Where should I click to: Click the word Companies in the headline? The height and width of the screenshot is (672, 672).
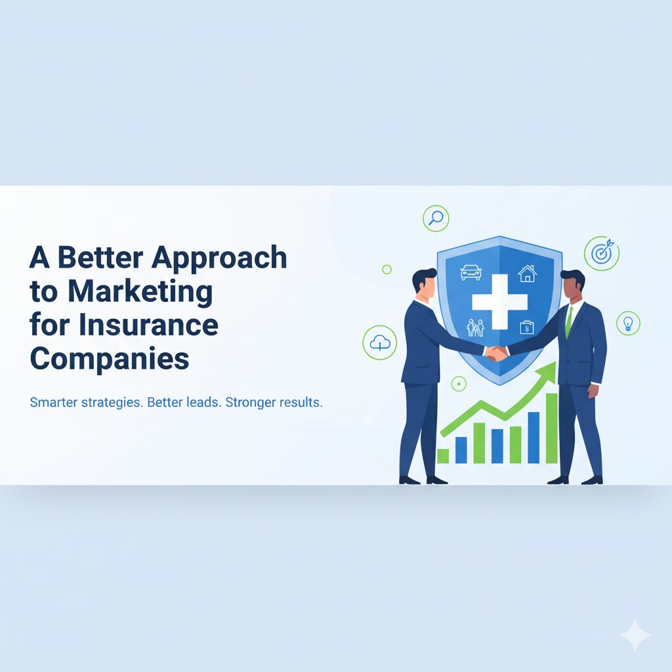tap(110, 358)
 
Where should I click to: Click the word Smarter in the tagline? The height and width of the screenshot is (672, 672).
tap(54, 402)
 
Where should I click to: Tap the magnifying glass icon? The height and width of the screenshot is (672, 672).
tap(436, 218)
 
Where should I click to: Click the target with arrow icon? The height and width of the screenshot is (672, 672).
tap(602, 253)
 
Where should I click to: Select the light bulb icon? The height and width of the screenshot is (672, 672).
tap(628, 323)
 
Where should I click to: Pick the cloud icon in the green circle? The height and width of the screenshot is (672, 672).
tap(380, 343)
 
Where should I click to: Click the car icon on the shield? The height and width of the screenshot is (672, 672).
tap(471, 272)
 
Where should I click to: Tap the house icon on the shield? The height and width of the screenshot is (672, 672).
tap(527, 273)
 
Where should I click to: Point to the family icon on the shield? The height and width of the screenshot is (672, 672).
tap(476, 328)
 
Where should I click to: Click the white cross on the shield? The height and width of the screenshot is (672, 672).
tap(499, 302)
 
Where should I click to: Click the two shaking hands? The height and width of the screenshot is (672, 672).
tap(496, 354)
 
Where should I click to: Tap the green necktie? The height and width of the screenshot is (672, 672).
tap(569, 322)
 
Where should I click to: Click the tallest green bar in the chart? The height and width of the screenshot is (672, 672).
tap(551, 428)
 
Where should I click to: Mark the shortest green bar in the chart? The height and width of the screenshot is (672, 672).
tap(443, 456)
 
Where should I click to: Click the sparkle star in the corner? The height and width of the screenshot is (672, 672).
tap(635, 635)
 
